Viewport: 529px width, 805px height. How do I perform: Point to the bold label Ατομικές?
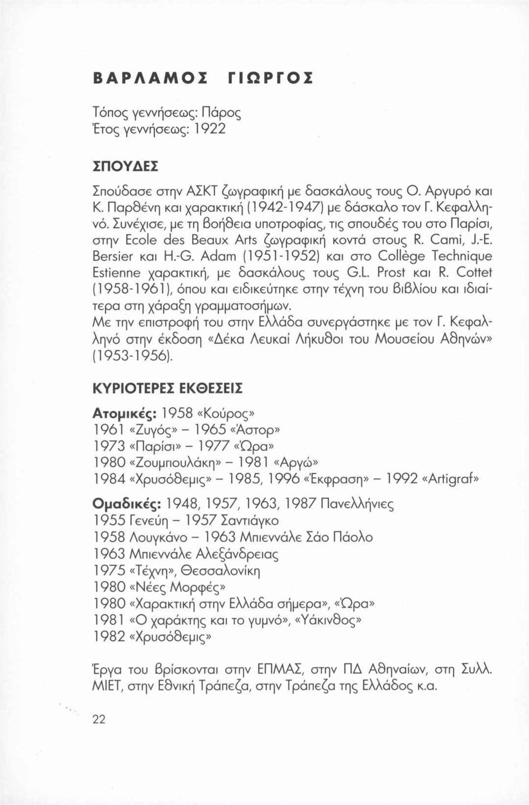[x=124, y=413]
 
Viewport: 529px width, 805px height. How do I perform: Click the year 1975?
[x=108, y=571]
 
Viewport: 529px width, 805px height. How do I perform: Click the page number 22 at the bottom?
[x=99, y=719]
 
